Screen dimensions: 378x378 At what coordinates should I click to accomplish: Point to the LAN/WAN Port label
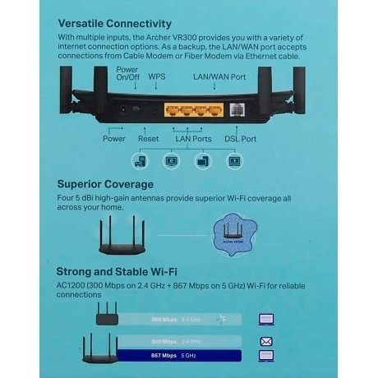pyautogui.click(x=219, y=76)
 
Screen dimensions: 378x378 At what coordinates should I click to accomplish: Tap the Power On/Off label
pyautogui.click(x=127, y=75)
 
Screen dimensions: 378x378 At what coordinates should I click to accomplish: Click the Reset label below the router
pyautogui.click(x=148, y=139)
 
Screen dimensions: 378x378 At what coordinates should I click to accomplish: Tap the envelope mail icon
pyautogui.click(x=265, y=339)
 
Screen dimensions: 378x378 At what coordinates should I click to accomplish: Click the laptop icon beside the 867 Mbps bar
pyautogui.click(x=265, y=356)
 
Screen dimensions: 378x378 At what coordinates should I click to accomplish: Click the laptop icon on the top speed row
pyautogui.click(x=265, y=318)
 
